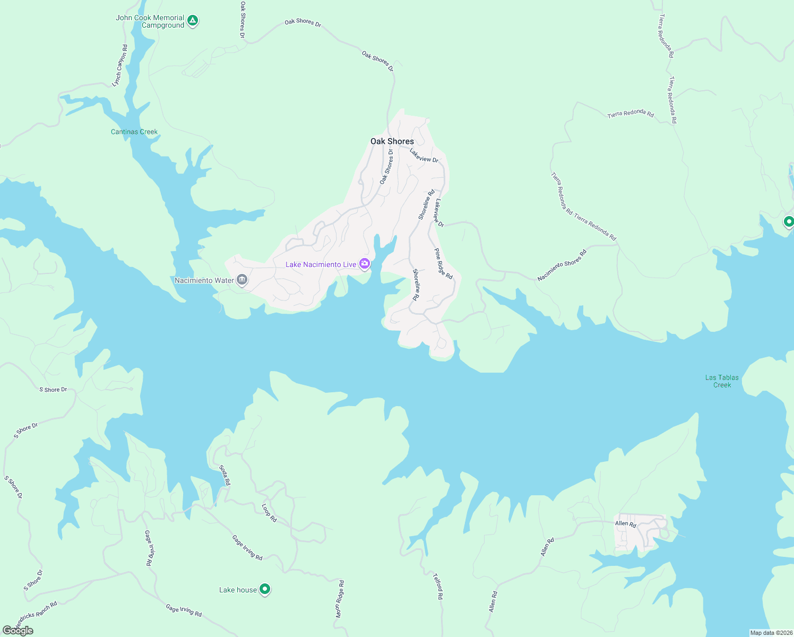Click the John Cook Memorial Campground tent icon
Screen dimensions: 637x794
tap(193, 21)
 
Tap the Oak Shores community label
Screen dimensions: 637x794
tap(392, 141)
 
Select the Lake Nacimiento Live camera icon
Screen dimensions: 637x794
tap(365, 263)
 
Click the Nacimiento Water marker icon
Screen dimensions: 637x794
tap(242, 280)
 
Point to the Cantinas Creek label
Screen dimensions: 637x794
tap(134, 132)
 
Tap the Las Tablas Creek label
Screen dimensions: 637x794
tap(722, 381)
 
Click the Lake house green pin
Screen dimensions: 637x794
tap(265, 589)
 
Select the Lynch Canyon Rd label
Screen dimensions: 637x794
tap(120, 66)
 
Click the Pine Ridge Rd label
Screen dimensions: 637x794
tap(443, 264)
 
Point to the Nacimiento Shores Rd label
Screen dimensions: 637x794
tap(562, 265)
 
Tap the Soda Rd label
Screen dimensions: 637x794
tap(225, 475)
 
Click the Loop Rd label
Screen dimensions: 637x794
tap(270, 513)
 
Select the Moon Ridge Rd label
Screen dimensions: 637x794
tap(340, 599)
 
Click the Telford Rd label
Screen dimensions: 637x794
tap(438, 586)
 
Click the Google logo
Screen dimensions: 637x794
tap(18, 631)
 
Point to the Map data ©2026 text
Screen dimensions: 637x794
tap(770, 633)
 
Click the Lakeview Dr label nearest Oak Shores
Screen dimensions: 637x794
tap(424, 156)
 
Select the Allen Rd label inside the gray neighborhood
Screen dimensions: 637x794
tap(625, 524)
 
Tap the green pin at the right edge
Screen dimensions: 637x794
tap(789, 221)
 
